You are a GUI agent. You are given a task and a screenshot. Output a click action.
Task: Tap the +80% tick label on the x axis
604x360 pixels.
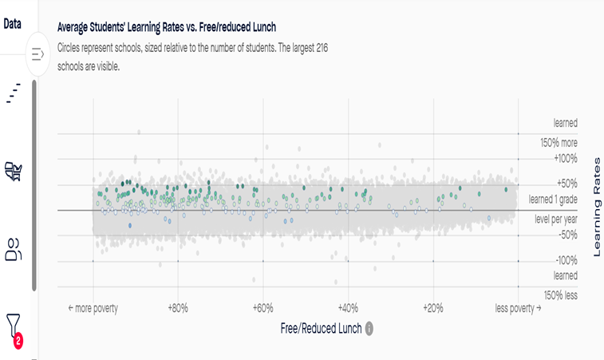[176, 308]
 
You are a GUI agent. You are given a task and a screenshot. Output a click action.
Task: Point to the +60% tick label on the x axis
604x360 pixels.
[263, 308]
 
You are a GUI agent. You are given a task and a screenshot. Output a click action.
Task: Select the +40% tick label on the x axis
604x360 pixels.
[348, 308]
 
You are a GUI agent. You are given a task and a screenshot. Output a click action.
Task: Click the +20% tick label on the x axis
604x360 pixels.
[432, 308]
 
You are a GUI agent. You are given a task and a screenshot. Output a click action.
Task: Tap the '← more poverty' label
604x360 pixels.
[93, 308]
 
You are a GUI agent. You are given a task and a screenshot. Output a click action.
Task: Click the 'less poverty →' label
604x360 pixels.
[518, 308]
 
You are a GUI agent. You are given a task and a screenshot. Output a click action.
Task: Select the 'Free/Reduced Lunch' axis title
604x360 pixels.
[322, 328]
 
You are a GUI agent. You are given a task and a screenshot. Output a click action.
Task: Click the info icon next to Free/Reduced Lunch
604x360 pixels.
[369, 328]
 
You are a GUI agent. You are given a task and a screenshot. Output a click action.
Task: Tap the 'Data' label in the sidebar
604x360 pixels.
[12, 23]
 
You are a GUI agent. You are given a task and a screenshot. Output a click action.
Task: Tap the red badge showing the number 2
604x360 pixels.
[18, 341]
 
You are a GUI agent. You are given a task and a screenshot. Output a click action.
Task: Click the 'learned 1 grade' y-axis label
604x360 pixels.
[552, 199]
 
